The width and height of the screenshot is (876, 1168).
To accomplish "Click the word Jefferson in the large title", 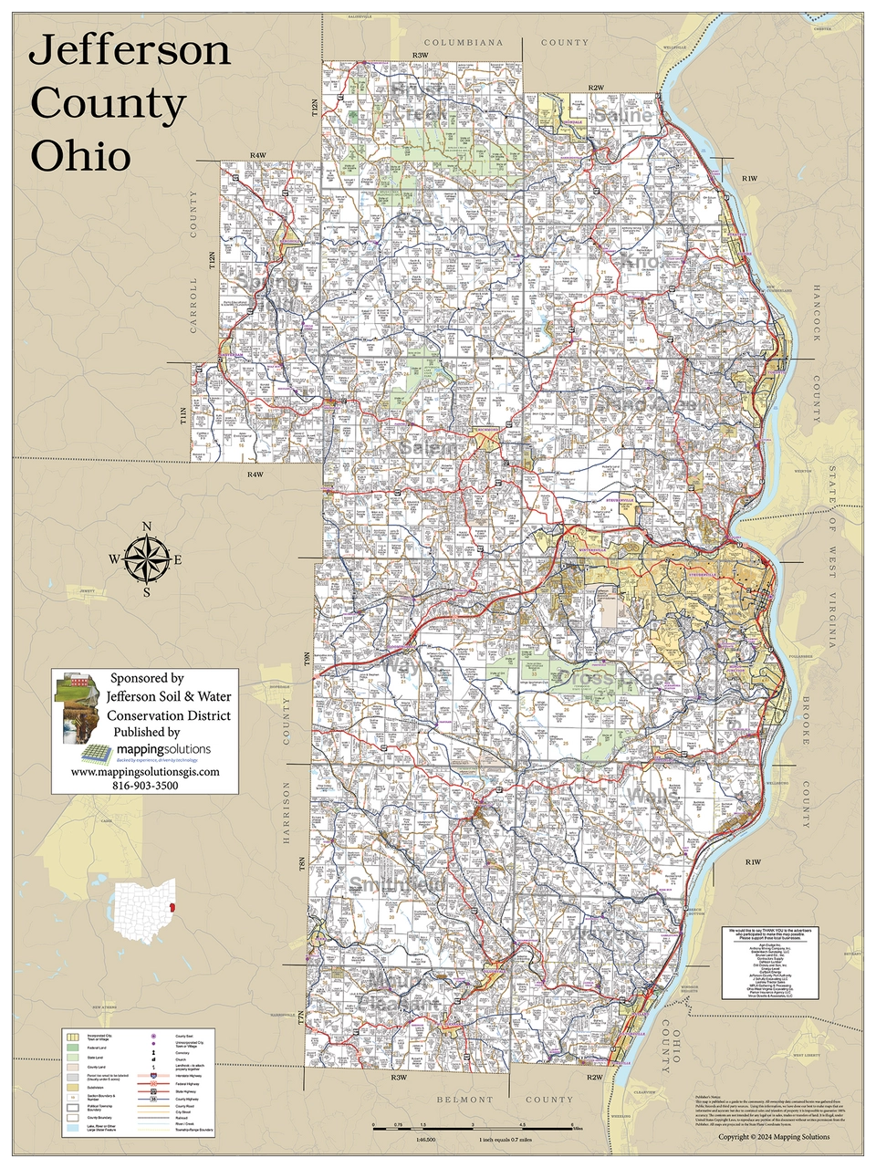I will [129, 51].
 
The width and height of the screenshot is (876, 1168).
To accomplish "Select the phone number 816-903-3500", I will [145, 786].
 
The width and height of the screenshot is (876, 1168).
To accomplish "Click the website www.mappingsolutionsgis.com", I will [145, 771].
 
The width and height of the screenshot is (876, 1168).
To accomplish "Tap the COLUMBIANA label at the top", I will [464, 43].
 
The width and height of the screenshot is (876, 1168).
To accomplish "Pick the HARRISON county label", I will [286, 813].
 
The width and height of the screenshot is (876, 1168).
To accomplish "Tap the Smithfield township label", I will [398, 885].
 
